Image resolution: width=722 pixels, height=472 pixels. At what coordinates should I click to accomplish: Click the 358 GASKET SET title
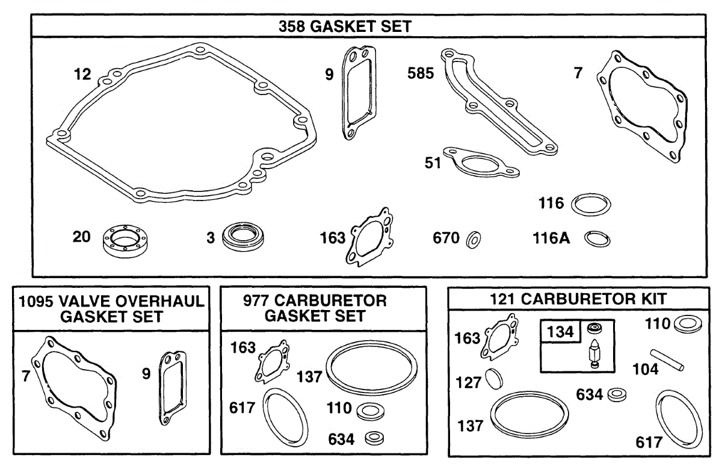pyautogui.click(x=345, y=26)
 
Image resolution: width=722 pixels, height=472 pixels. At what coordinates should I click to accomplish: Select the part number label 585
pyautogui.click(x=421, y=73)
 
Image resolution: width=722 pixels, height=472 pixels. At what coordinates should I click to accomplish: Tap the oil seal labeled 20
pyautogui.click(x=125, y=240)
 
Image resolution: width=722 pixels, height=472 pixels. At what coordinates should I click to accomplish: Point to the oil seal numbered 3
pyautogui.click(x=243, y=236)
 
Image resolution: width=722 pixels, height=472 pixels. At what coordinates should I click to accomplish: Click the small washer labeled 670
pyautogui.click(x=474, y=240)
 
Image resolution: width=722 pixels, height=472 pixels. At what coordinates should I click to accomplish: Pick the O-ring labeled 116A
pyautogui.click(x=597, y=239)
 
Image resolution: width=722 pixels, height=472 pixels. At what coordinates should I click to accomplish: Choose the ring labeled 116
pyautogui.click(x=591, y=205)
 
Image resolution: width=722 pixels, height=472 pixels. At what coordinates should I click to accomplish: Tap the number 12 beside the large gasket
pyautogui.click(x=82, y=75)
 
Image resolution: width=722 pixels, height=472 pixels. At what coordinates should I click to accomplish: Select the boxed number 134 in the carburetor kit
pyautogui.click(x=561, y=332)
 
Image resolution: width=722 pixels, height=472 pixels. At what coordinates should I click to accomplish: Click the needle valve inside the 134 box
pyautogui.click(x=594, y=353)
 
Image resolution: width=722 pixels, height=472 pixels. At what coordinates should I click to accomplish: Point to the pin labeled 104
pyautogui.click(x=667, y=360)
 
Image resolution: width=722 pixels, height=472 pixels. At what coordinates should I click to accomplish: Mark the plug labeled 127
pyautogui.click(x=493, y=379)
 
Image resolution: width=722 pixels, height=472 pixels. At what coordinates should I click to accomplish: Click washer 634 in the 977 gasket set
pyautogui.click(x=374, y=438)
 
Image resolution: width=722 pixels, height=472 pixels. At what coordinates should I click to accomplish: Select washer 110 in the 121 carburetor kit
pyautogui.click(x=688, y=324)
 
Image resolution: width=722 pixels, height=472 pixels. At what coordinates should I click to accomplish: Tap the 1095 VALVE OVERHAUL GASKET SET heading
pyautogui.click(x=111, y=309)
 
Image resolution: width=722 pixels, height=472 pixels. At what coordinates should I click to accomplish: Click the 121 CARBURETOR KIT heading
pyautogui.click(x=578, y=299)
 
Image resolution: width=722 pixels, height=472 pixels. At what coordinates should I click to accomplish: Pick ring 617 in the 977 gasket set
pyautogui.click(x=285, y=417)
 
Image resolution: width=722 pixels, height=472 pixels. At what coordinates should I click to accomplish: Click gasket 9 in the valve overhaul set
pyautogui.click(x=173, y=388)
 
